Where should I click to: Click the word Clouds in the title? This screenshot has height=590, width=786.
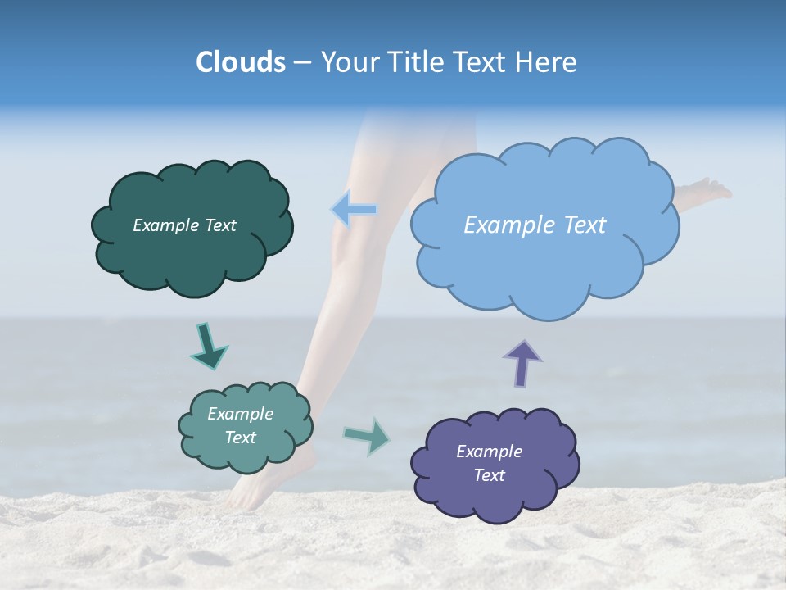[x=240, y=62]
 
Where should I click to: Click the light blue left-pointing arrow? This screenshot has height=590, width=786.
[x=355, y=209]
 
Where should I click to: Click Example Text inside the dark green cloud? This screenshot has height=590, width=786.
[x=184, y=225]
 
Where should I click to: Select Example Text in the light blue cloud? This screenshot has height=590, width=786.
[x=535, y=225]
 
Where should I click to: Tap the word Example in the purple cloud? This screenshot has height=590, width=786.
[x=489, y=452]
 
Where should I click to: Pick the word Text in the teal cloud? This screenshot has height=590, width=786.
[x=241, y=438]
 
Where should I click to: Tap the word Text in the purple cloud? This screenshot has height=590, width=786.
[x=489, y=475]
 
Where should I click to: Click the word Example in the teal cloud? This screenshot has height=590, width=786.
[x=241, y=414]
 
